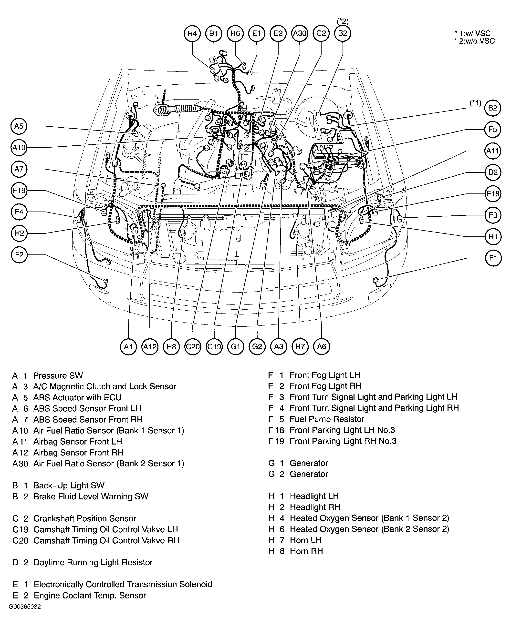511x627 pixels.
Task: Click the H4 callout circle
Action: click(x=192, y=33)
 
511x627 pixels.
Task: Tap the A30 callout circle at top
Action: click(x=300, y=33)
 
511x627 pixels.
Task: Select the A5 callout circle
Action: click(x=19, y=126)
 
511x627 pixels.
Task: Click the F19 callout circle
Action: click(x=19, y=191)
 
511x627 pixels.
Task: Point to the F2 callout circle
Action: click(x=19, y=255)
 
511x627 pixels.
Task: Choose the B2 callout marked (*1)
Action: click(x=493, y=108)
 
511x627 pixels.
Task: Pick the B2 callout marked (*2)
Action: click(x=343, y=33)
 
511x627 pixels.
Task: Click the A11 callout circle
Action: click(x=493, y=151)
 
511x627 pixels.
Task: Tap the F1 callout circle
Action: click(x=493, y=258)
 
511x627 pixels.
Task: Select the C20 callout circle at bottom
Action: click(x=192, y=346)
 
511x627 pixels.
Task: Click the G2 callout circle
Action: click(x=257, y=346)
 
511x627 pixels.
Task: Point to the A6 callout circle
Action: click(x=322, y=346)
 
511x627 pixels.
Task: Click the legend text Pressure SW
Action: click(x=58, y=375)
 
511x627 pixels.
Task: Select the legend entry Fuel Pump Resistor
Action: click(x=327, y=419)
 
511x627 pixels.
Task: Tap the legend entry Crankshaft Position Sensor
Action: click(x=85, y=518)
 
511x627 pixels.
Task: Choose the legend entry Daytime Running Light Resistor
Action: click(x=93, y=563)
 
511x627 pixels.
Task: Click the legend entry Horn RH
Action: click(x=306, y=551)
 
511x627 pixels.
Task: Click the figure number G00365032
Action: click(x=25, y=607)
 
